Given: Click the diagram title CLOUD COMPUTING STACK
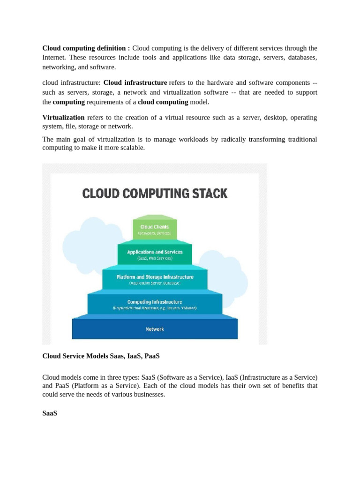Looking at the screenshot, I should point(155,193).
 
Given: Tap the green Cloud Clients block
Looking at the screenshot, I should point(155,229).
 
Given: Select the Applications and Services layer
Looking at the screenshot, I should point(155,254).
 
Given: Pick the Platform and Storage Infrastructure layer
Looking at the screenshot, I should point(155,279).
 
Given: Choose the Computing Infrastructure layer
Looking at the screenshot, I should point(155,304).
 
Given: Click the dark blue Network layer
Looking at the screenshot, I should point(155,329).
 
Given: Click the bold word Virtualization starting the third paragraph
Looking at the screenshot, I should point(63,117).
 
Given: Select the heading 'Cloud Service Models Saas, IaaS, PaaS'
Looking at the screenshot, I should point(101,356).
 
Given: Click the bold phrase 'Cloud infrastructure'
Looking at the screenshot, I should point(135,82).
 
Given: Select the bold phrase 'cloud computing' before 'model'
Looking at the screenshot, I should point(163,102).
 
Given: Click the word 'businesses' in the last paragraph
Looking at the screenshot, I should point(150,395).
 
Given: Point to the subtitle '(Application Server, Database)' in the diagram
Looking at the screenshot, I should point(155,284).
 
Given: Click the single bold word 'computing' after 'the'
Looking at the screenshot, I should point(69,102).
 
